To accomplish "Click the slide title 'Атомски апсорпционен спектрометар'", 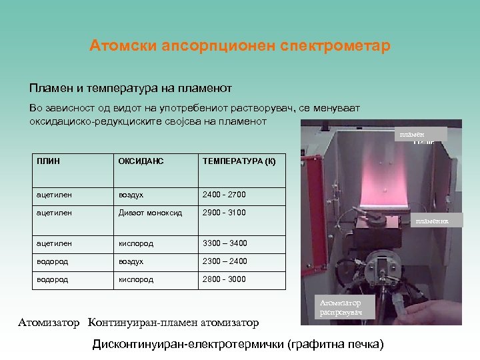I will tap(240, 47).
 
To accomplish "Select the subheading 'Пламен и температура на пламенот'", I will tap(130, 88).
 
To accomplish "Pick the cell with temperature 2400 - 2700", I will tap(224, 195).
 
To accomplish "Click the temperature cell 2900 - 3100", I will tap(224, 213).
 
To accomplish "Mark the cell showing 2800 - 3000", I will tap(224, 279).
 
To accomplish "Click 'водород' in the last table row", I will tap(53, 279).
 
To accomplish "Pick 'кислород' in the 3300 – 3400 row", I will tap(135, 244).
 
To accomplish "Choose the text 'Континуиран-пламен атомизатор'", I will tap(173, 323).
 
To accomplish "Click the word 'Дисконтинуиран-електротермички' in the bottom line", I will tap(189, 344).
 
